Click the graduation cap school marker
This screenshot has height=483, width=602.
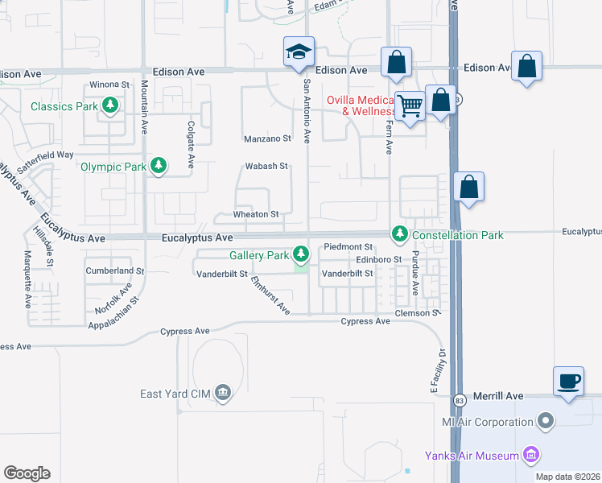tap(298, 53)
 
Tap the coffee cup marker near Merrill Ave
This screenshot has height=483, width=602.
tap(568, 380)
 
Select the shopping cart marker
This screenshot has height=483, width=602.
tap(410, 105)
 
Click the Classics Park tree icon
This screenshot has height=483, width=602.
tap(109, 105)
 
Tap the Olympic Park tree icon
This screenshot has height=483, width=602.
tap(159, 167)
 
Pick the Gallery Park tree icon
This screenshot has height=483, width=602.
tap(301, 255)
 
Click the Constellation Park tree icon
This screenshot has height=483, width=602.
tap(399, 234)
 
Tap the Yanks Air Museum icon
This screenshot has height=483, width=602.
tap(530, 456)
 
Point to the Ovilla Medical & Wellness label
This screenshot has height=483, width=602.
tap(361, 105)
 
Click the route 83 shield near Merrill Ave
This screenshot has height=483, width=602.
tap(459, 400)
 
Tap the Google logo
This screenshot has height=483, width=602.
tap(27, 473)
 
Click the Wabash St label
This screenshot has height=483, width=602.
tap(266, 167)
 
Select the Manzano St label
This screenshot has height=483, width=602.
tap(267, 138)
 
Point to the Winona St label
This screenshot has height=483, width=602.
tap(109, 84)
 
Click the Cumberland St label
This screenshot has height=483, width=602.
tap(115, 271)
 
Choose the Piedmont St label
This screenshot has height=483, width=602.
tap(348, 246)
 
